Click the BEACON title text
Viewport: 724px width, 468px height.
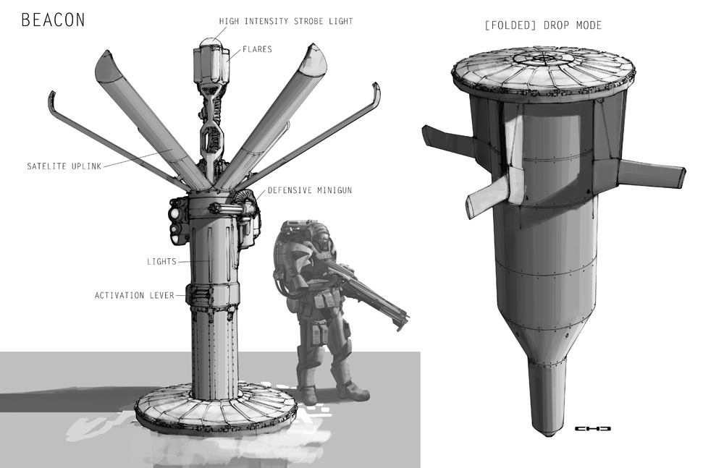coord(53,20)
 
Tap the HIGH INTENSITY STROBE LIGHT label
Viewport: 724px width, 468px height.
coord(286,21)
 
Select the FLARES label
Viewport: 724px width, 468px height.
coord(257,49)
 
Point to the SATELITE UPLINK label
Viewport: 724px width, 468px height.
coord(64,166)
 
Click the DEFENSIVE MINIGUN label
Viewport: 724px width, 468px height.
coord(310,190)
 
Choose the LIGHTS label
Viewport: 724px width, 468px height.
coord(161,262)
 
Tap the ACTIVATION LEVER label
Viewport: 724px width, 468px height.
coord(135,295)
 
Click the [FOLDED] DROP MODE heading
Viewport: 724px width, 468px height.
coord(542,25)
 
